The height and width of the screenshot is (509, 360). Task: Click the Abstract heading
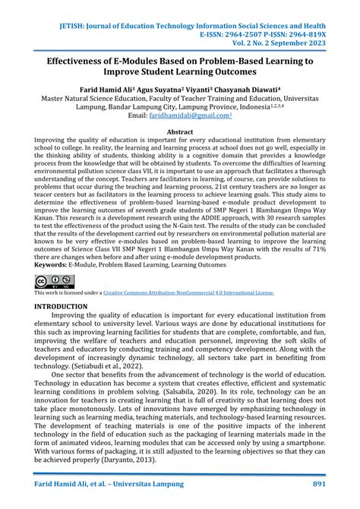point(180,131)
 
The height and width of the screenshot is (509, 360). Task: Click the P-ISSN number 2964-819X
point(312,14)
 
